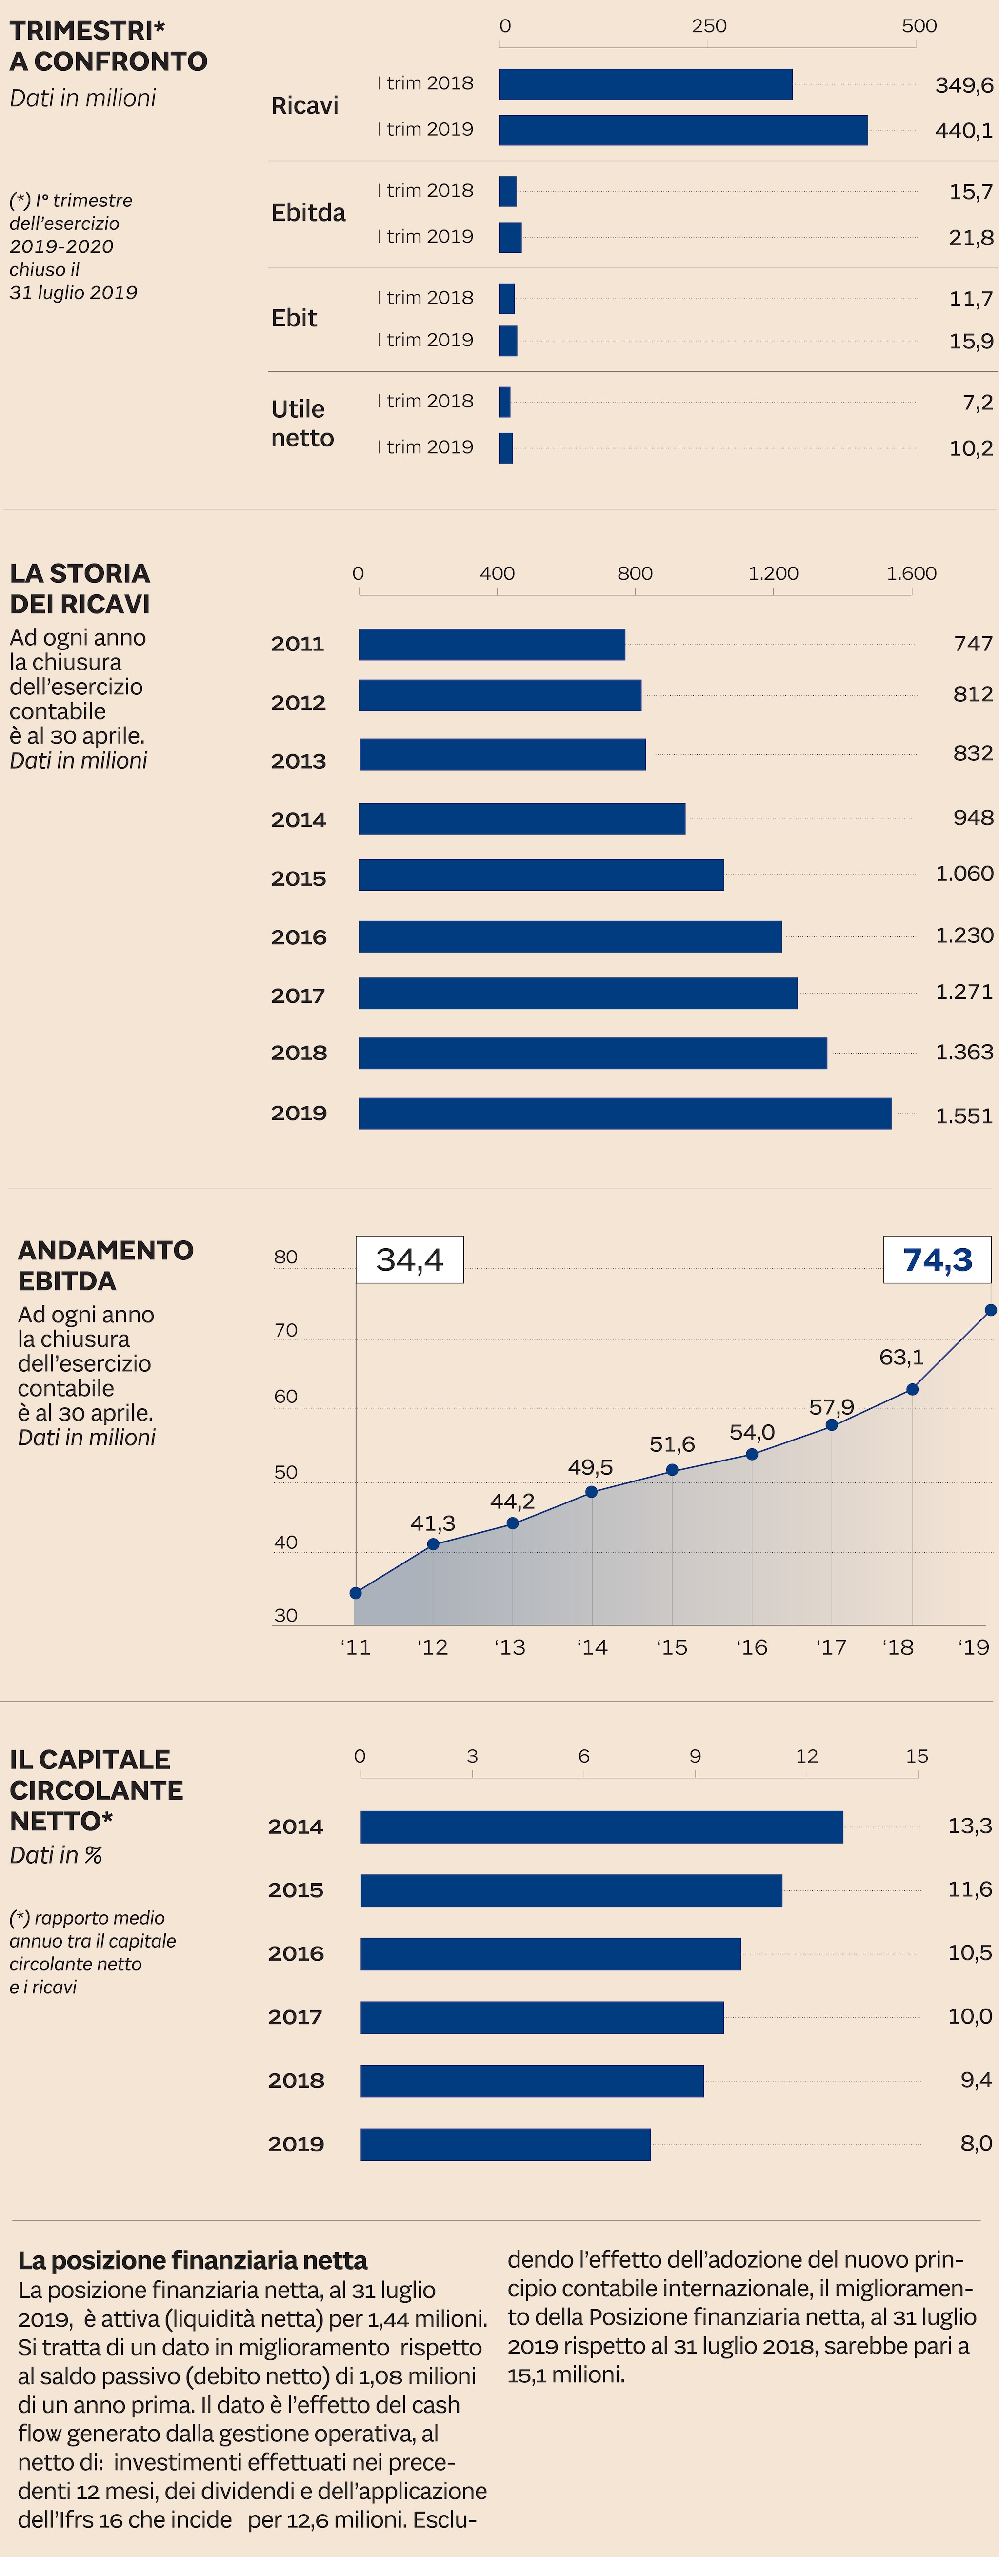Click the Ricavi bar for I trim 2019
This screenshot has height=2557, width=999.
pyautogui.click(x=682, y=130)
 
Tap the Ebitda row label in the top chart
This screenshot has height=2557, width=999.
pyautogui.click(x=309, y=212)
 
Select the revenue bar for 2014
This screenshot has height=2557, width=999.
pyautogui.click(x=522, y=819)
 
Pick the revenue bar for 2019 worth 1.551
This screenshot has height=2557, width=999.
pyautogui.click(x=625, y=1114)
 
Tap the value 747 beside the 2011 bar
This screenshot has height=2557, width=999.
pyautogui.click(x=972, y=643)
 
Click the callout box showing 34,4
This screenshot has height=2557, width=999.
pyautogui.click(x=410, y=1259)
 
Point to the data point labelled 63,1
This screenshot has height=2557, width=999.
pyautogui.click(x=912, y=1389)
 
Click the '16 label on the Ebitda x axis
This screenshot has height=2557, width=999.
pyautogui.click(x=752, y=1648)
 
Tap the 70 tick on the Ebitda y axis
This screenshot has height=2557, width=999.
pyautogui.click(x=286, y=1330)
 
